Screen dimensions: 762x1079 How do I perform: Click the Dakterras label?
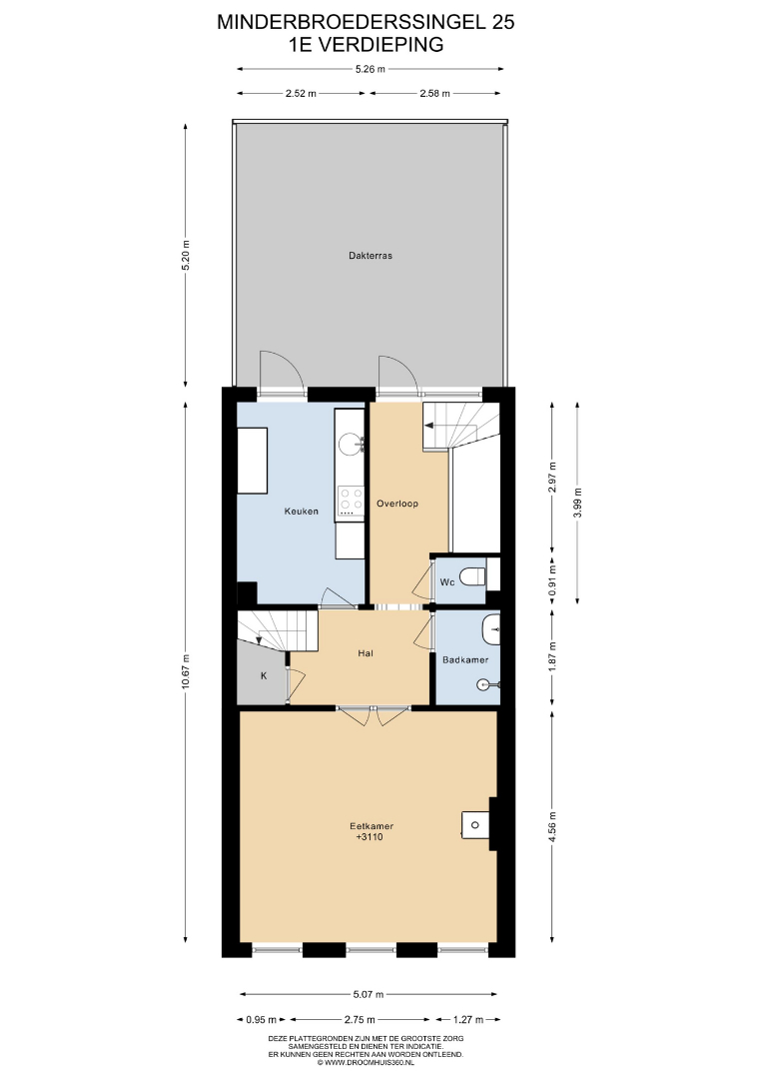pos(370,256)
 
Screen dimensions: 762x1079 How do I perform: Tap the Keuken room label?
pos(302,512)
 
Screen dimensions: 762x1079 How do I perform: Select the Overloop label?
pos(396,503)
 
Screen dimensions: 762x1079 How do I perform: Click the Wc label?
pos(447,582)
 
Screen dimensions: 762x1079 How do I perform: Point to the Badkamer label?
pos(465,660)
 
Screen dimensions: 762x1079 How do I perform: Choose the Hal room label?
pos(366,653)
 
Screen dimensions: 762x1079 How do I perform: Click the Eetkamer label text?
pos(371,826)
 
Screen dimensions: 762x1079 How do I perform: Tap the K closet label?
pos(263,675)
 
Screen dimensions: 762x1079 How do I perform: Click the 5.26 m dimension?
pos(370,69)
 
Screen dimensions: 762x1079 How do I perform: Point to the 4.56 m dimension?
pos(552,826)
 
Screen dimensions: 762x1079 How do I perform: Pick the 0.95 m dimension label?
pos(262,1019)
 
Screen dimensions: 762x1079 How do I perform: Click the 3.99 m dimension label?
pos(577,503)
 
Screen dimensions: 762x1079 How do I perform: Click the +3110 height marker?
pos(370,837)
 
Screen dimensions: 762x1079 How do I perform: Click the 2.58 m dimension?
pos(434,94)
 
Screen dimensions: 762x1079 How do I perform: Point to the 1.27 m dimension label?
pos(468,1019)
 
